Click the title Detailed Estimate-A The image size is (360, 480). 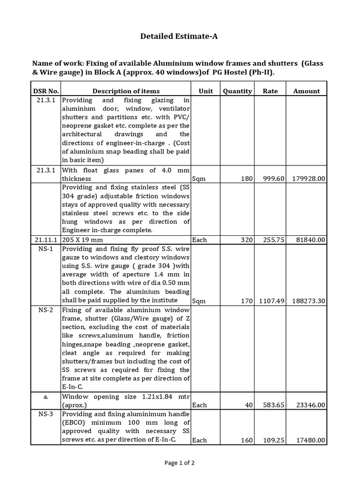pos(179,37)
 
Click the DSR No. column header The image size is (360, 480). pos(46,91)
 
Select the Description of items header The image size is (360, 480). pos(126,91)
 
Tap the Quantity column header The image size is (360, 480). pos(237,91)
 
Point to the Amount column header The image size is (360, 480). pos(307,91)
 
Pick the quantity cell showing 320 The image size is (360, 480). pos(246,240)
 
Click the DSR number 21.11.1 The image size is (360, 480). pos(46,240)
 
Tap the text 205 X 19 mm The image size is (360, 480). pos(82,240)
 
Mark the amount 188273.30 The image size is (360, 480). pos(307,301)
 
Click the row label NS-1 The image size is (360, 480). pos(46,249)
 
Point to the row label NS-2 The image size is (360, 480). pos(46,310)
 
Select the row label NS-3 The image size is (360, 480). pos(46,414)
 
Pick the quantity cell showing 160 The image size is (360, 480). pos(246,441)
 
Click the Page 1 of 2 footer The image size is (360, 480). pos(180,463)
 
